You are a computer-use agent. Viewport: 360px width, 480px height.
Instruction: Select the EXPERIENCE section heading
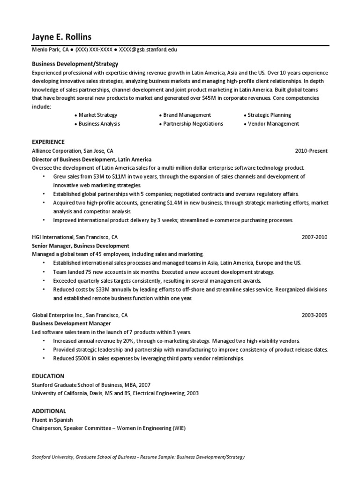48,142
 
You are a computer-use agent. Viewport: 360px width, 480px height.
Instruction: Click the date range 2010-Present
311,151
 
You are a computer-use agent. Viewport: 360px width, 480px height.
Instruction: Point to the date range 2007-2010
315,237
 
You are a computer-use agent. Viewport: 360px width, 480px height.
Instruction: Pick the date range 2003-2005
315,315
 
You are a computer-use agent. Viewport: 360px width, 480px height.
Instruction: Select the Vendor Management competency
273,124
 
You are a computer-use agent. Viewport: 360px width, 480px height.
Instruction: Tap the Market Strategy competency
97,115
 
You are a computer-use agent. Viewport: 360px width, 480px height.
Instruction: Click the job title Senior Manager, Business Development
80,246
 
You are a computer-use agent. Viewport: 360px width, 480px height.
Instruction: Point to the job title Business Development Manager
71,323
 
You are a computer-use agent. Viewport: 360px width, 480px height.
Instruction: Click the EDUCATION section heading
48,376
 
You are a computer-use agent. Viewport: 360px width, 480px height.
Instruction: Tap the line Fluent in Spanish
52,420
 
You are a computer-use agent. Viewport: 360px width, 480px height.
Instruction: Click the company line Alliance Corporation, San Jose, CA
72,151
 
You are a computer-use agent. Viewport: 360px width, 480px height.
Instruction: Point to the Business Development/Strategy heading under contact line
75,64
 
